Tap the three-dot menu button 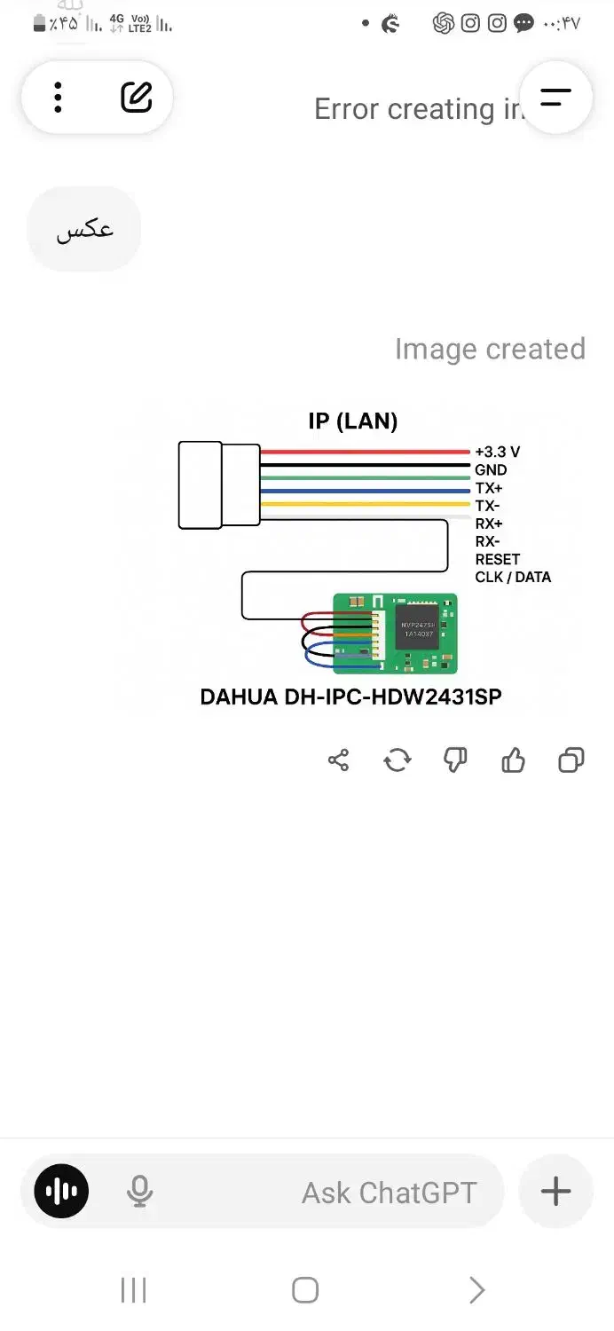[58, 98]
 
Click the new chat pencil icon [136, 98]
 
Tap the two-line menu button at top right [555, 98]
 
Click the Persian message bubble [84, 229]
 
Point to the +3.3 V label [497, 453]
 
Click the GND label [491, 470]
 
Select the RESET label [497, 559]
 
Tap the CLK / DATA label [513, 577]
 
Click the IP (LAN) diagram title [353, 421]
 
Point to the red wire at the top [364, 453]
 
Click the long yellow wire [364, 504]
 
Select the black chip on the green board [416, 626]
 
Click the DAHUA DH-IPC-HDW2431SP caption [350, 697]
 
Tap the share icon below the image [338, 760]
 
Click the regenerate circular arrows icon [397, 760]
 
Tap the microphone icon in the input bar [139, 1191]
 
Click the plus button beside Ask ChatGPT [555, 1191]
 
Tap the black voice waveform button [61, 1191]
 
